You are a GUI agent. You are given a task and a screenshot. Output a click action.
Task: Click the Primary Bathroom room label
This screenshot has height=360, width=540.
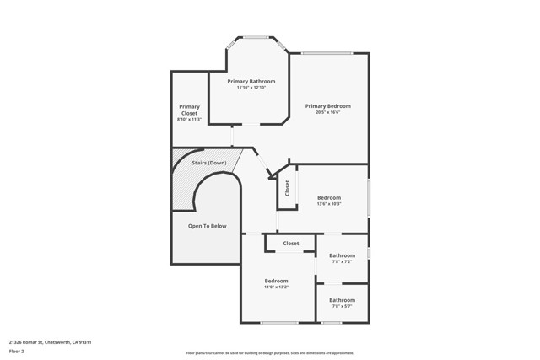[251, 81]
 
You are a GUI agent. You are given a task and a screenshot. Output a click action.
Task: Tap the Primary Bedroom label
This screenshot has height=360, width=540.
[327, 105]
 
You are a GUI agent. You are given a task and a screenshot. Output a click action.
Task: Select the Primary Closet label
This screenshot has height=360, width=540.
[189, 110]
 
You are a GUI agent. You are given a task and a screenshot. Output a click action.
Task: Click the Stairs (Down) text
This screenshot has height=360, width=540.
[208, 162]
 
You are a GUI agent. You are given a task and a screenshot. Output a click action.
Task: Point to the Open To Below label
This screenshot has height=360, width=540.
[207, 226]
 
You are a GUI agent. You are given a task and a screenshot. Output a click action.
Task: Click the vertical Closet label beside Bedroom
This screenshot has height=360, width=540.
[287, 189]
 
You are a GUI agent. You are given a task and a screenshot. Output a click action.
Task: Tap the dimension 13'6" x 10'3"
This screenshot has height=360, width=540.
[328, 204]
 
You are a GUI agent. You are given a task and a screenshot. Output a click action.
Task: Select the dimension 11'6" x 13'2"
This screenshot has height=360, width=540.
[276, 287]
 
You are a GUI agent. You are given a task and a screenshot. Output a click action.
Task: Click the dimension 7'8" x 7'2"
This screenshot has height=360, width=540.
[342, 262]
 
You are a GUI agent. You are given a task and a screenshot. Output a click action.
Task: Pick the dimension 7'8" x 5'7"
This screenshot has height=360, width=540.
[342, 307]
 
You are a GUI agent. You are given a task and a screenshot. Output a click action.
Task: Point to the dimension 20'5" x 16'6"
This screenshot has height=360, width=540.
[327, 112]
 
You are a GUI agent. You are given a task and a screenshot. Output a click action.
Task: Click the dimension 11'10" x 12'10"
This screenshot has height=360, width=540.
[251, 88]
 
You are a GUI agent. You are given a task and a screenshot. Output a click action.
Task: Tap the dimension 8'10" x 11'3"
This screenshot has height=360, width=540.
[189, 120]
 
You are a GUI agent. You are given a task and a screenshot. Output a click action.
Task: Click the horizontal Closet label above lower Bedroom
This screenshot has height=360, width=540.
[291, 244]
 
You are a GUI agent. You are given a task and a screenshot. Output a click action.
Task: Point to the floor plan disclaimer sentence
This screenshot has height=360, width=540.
[269, 352]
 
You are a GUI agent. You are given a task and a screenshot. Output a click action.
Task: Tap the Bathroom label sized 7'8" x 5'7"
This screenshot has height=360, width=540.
[342, 300]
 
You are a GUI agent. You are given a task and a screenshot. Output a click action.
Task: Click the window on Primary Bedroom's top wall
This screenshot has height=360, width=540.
[327, 54]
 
